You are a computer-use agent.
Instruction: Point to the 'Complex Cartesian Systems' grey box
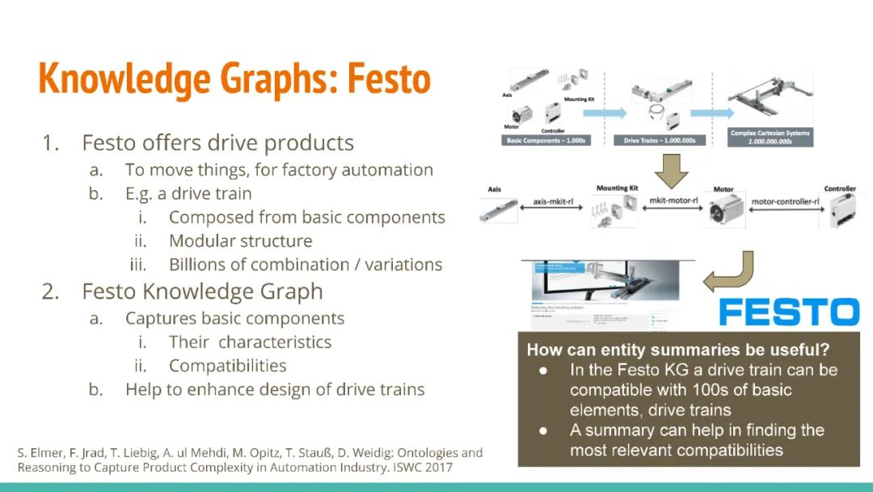(x=770, y=137)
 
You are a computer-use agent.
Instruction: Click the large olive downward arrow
(x=670, y=168)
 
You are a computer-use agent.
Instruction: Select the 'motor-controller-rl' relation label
(x=783, y=201)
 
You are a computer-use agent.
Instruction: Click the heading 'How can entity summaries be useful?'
(x=678, y=350)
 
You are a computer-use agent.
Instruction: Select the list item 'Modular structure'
(x=240, y=241)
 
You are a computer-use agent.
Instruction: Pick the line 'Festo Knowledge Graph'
(x=202, y=291)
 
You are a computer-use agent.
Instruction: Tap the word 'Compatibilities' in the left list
(x=227, y=366)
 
